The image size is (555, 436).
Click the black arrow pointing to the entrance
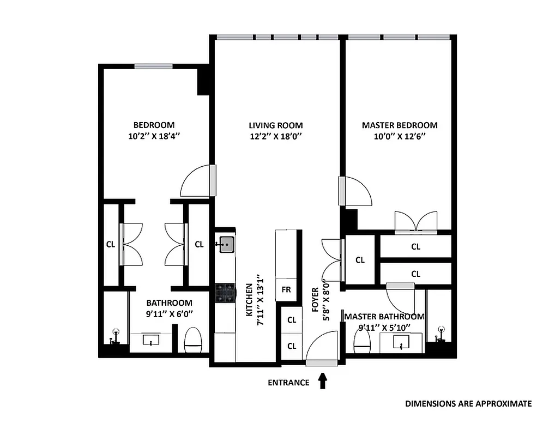[322, 380]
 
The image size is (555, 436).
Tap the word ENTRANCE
[288, 383]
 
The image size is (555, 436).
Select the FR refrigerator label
[286, 290]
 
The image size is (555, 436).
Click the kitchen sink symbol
[226, 245]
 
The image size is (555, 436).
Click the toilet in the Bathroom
[194, 340]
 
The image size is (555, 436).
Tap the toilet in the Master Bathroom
[362, 341]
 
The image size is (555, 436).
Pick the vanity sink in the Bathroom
[150, 341]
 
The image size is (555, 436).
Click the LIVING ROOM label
[275, 125]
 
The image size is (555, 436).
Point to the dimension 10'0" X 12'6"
[400, 137]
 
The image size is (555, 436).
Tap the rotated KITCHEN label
[249, 300]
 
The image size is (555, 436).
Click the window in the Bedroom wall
[154, 66]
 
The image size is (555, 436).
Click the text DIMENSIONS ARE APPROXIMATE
[468, 404]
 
